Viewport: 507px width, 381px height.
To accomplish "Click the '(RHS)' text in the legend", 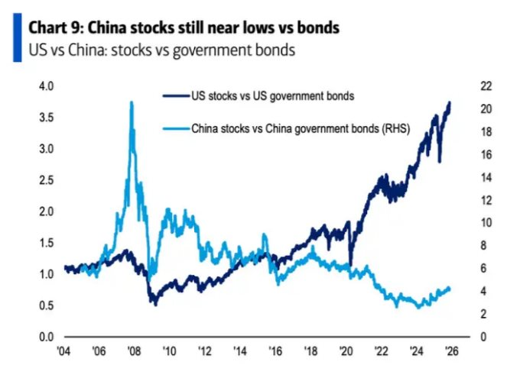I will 395,129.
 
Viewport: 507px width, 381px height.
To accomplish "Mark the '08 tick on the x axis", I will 133,353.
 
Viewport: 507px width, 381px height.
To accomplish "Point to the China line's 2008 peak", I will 132,102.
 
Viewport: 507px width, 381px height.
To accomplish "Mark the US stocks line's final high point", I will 450,102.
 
